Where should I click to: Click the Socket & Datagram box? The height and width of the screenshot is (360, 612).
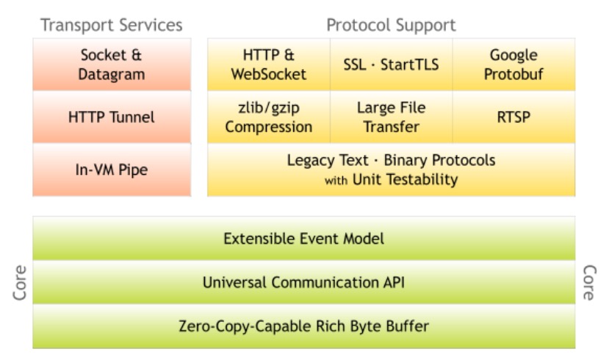[112, 65]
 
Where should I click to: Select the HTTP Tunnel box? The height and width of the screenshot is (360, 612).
[112, 117]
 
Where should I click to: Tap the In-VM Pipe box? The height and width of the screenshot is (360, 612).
[112, 170]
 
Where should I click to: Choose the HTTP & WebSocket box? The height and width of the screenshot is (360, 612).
[269, 65]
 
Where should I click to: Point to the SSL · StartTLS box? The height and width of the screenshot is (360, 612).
[391, 65]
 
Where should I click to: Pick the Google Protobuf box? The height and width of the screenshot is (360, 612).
[514, 65]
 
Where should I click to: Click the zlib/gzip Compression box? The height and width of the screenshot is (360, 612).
[269, 117]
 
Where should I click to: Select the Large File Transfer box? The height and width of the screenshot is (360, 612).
[391, 117]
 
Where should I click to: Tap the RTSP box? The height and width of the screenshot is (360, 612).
[514, 117]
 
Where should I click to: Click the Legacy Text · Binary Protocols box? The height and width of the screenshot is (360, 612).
[391, 170]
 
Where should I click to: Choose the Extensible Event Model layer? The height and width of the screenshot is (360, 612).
[303, 239]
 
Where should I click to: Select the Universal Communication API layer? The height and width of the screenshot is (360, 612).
[303, 282]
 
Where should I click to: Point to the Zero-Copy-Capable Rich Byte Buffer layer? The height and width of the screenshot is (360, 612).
[303, 326]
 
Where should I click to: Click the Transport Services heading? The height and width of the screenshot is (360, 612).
[112, 25]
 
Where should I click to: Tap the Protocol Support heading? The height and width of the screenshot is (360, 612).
[391, 25]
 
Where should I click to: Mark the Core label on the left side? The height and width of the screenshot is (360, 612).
[20, 283]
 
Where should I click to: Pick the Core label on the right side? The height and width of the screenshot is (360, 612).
[588, 283]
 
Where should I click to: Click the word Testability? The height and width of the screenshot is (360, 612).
[422, 179]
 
